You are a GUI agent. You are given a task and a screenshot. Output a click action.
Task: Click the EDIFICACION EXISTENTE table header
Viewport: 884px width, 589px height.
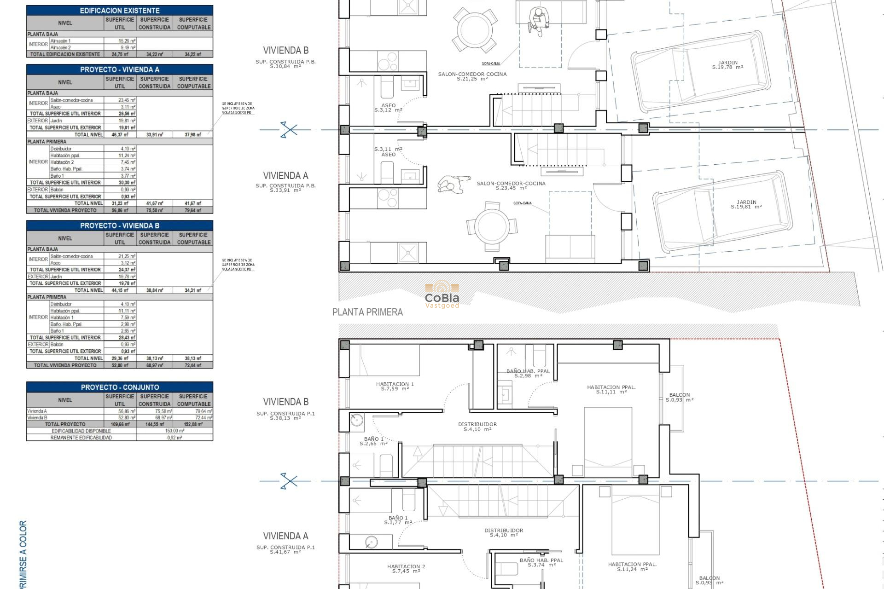120,10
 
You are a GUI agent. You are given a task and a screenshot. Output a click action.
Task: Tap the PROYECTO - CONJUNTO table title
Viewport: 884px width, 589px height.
120,387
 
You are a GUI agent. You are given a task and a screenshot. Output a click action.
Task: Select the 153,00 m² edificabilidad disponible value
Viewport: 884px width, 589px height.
174,431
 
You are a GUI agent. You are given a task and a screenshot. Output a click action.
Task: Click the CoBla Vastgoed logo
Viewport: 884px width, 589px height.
442,294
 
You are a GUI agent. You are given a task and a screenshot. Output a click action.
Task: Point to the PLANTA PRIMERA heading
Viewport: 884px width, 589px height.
367,312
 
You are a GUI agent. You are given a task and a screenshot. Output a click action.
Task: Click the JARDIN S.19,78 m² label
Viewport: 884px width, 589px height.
727,65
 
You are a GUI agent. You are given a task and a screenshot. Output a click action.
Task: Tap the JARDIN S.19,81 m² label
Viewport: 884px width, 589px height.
746,204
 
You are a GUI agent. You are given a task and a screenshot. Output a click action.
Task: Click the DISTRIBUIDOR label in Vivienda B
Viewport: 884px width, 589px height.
477,427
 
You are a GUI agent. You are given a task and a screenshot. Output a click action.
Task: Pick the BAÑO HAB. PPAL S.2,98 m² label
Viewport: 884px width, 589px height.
528,373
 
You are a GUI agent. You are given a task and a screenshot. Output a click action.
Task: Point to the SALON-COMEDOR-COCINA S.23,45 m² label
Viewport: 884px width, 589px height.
511,185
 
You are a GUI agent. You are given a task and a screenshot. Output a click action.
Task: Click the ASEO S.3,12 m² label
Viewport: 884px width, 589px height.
388,108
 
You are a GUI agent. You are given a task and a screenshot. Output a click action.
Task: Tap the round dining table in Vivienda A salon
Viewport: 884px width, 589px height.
492,226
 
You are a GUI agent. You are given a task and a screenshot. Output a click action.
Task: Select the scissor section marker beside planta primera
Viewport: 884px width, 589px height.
289,481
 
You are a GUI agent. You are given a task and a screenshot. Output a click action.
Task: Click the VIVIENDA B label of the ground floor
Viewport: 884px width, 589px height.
285,50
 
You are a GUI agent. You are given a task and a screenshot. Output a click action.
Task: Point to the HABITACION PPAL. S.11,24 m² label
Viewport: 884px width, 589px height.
632,566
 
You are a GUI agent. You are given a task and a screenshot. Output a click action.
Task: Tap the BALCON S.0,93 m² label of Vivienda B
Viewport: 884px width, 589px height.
680,397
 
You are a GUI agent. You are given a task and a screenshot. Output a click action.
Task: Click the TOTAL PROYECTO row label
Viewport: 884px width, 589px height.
65,424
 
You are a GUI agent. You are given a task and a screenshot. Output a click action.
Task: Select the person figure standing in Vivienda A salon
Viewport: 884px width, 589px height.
454,184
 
